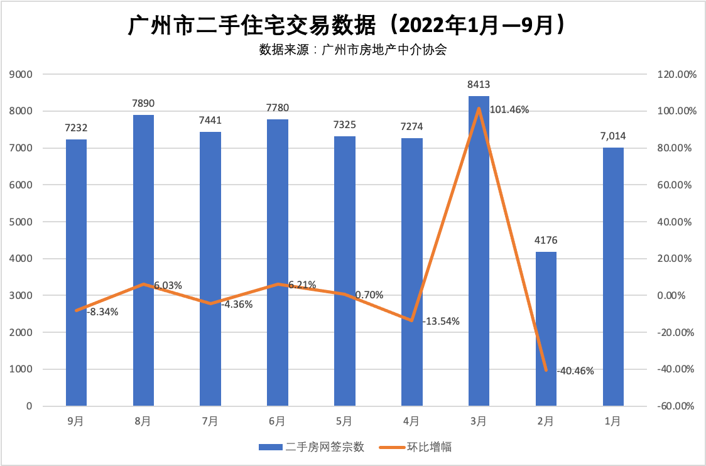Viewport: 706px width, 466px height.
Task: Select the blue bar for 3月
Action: point(479,251)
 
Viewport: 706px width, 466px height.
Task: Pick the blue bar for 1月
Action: point(613,276)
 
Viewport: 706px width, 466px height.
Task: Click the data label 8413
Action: point(479,85)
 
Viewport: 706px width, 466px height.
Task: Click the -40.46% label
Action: point(575,370)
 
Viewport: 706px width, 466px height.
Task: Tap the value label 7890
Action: point(143,103)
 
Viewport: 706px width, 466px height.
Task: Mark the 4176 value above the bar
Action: point(546,240)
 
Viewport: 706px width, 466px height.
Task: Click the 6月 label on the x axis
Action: point(277,421)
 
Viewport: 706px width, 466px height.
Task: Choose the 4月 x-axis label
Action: point(411,421)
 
